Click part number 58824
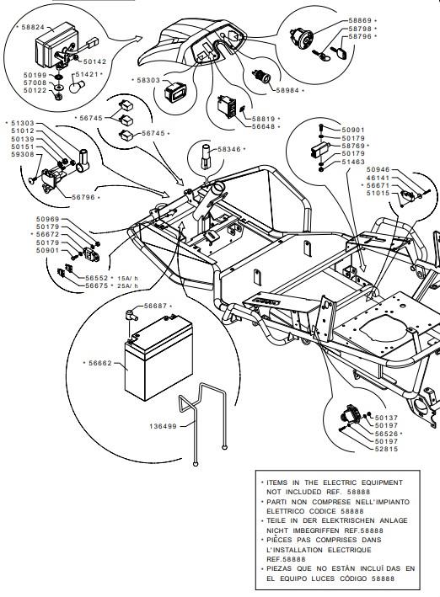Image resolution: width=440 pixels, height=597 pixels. click(33, 27)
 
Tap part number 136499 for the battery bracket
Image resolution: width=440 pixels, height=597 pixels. click(163, 426)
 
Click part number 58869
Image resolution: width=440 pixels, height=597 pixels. click(360, 20)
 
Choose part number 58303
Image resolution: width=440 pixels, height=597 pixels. click(148, 80)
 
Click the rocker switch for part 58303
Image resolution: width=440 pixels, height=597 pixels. click(175, 93)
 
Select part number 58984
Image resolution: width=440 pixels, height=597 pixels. click(287, 91)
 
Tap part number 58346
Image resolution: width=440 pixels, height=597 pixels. click(229, 149)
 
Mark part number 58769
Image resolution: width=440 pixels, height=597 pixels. click(353, 146)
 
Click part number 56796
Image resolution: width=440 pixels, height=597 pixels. click(83, 197)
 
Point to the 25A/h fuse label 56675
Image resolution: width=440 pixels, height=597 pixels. click(97, 285)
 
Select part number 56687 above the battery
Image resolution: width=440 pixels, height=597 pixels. click(156, 306)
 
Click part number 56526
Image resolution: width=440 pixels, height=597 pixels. click(386, 434)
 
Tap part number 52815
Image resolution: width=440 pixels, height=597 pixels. click(386, 449)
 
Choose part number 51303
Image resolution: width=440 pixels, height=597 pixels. click(23, 123)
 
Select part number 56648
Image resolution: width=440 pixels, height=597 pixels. click(264, 126)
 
